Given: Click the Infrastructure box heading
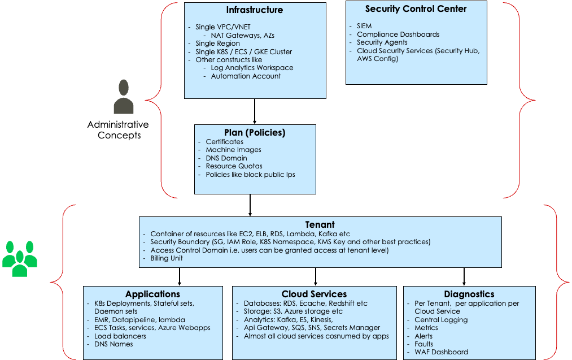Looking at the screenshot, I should click(x=255, y=10).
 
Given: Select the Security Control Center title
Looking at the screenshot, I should click(x=416, y=8).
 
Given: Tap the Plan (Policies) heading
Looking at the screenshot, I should click(x=255, y=133).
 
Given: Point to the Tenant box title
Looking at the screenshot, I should click(x=320, y=224).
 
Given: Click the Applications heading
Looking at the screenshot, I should click(x=152, y=294).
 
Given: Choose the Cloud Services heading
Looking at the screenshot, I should click(x=314, y=294).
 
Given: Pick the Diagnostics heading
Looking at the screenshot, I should click(x=469, y=294).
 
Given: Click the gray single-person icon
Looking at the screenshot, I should click(x=123, y=97).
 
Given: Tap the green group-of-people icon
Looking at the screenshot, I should click(x=20, y=259).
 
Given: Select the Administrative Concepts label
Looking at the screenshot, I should click(x=118, y=129).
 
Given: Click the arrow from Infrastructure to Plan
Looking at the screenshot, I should click(x=255, y=111).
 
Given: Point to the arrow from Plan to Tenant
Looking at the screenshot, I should click(x=250, y=206).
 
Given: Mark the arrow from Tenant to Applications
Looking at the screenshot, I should click(x=180, y=276).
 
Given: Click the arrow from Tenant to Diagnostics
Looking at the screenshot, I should click(x=464, y=276).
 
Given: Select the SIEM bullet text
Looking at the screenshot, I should click(x=364, y=26).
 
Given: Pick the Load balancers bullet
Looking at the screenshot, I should click(x=120, y=336).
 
